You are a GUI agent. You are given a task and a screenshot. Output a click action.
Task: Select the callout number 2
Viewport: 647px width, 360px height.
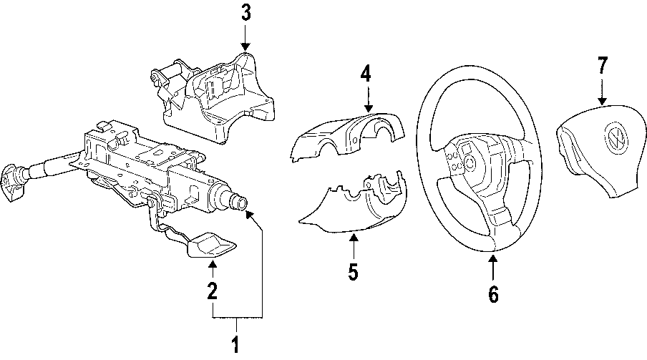212,291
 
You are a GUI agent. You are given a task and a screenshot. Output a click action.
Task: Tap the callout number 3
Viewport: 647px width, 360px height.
245,13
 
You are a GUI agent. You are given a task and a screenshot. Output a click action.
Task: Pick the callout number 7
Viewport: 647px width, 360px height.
602,66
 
